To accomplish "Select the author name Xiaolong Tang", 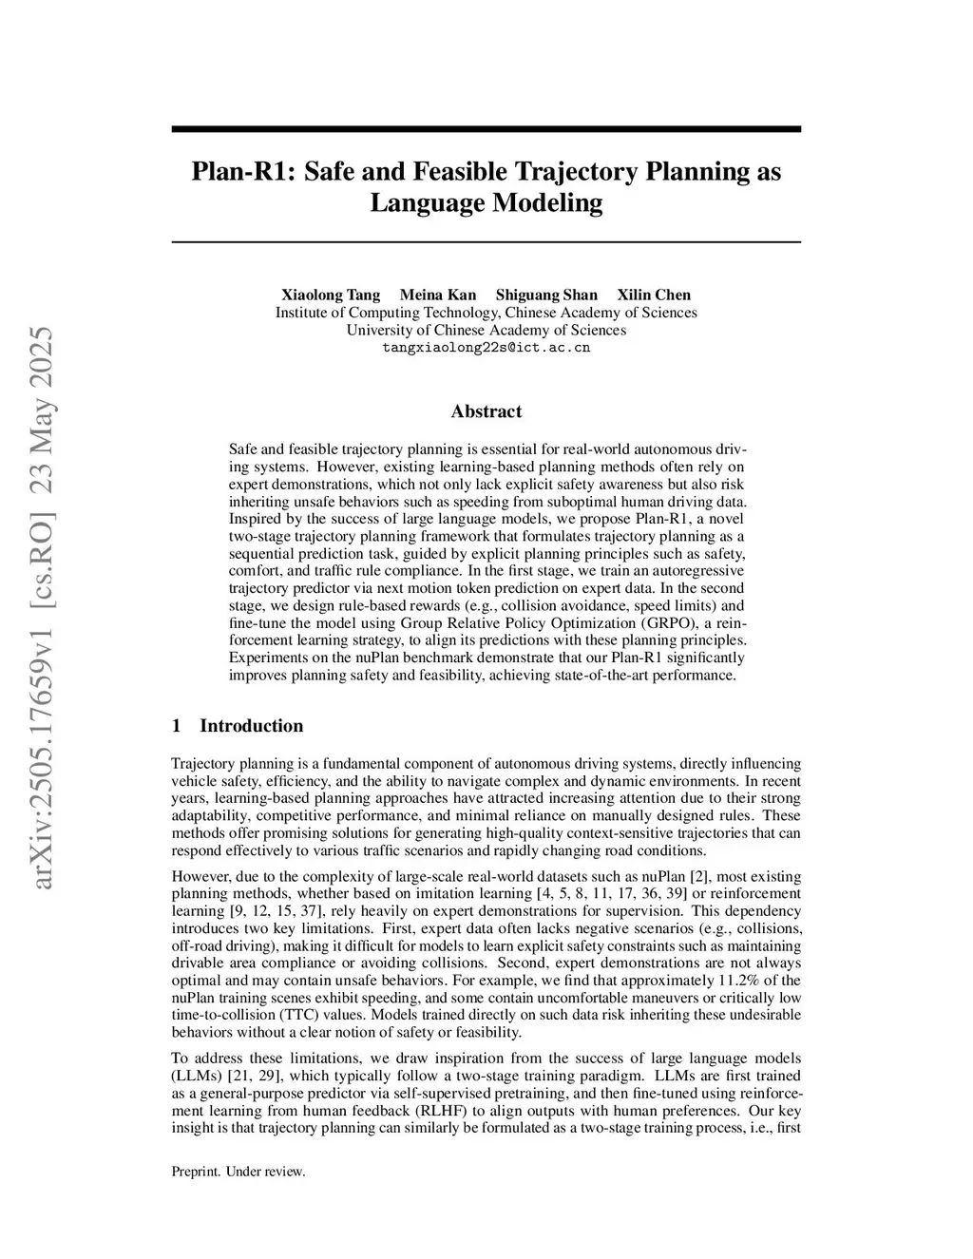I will tap(331, 295).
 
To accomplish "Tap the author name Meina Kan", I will tap(438, 295).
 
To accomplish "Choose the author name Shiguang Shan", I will tap(546, 295).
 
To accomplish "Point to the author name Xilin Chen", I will tap(654, 295).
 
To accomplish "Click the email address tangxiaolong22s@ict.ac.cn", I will tap(486, 348).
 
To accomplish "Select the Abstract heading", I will tap(486, 411).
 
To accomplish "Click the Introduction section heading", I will tap(251, 726).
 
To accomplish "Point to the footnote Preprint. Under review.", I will tap(238, 1172).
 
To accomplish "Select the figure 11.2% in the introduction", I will tap(754, 981).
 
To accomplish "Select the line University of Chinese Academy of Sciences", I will tap(486, 331).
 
